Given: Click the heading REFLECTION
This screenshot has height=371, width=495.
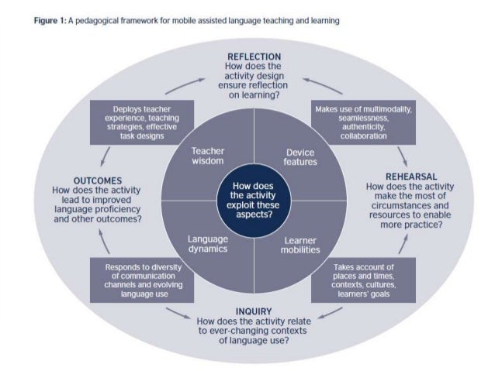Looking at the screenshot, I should pyautogui.click(x=254, y=57).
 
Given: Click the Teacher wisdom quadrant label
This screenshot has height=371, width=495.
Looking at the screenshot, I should pyautogui.click(x=207, y=156).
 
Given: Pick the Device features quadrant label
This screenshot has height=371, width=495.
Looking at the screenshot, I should pyautogui.click(x=299, y=157).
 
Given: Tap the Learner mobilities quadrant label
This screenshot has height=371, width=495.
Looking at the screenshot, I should pyautogui.click(x=299, y=245).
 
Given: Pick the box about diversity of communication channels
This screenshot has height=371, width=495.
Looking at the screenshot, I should pyautogui.click(x=137, y=280).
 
